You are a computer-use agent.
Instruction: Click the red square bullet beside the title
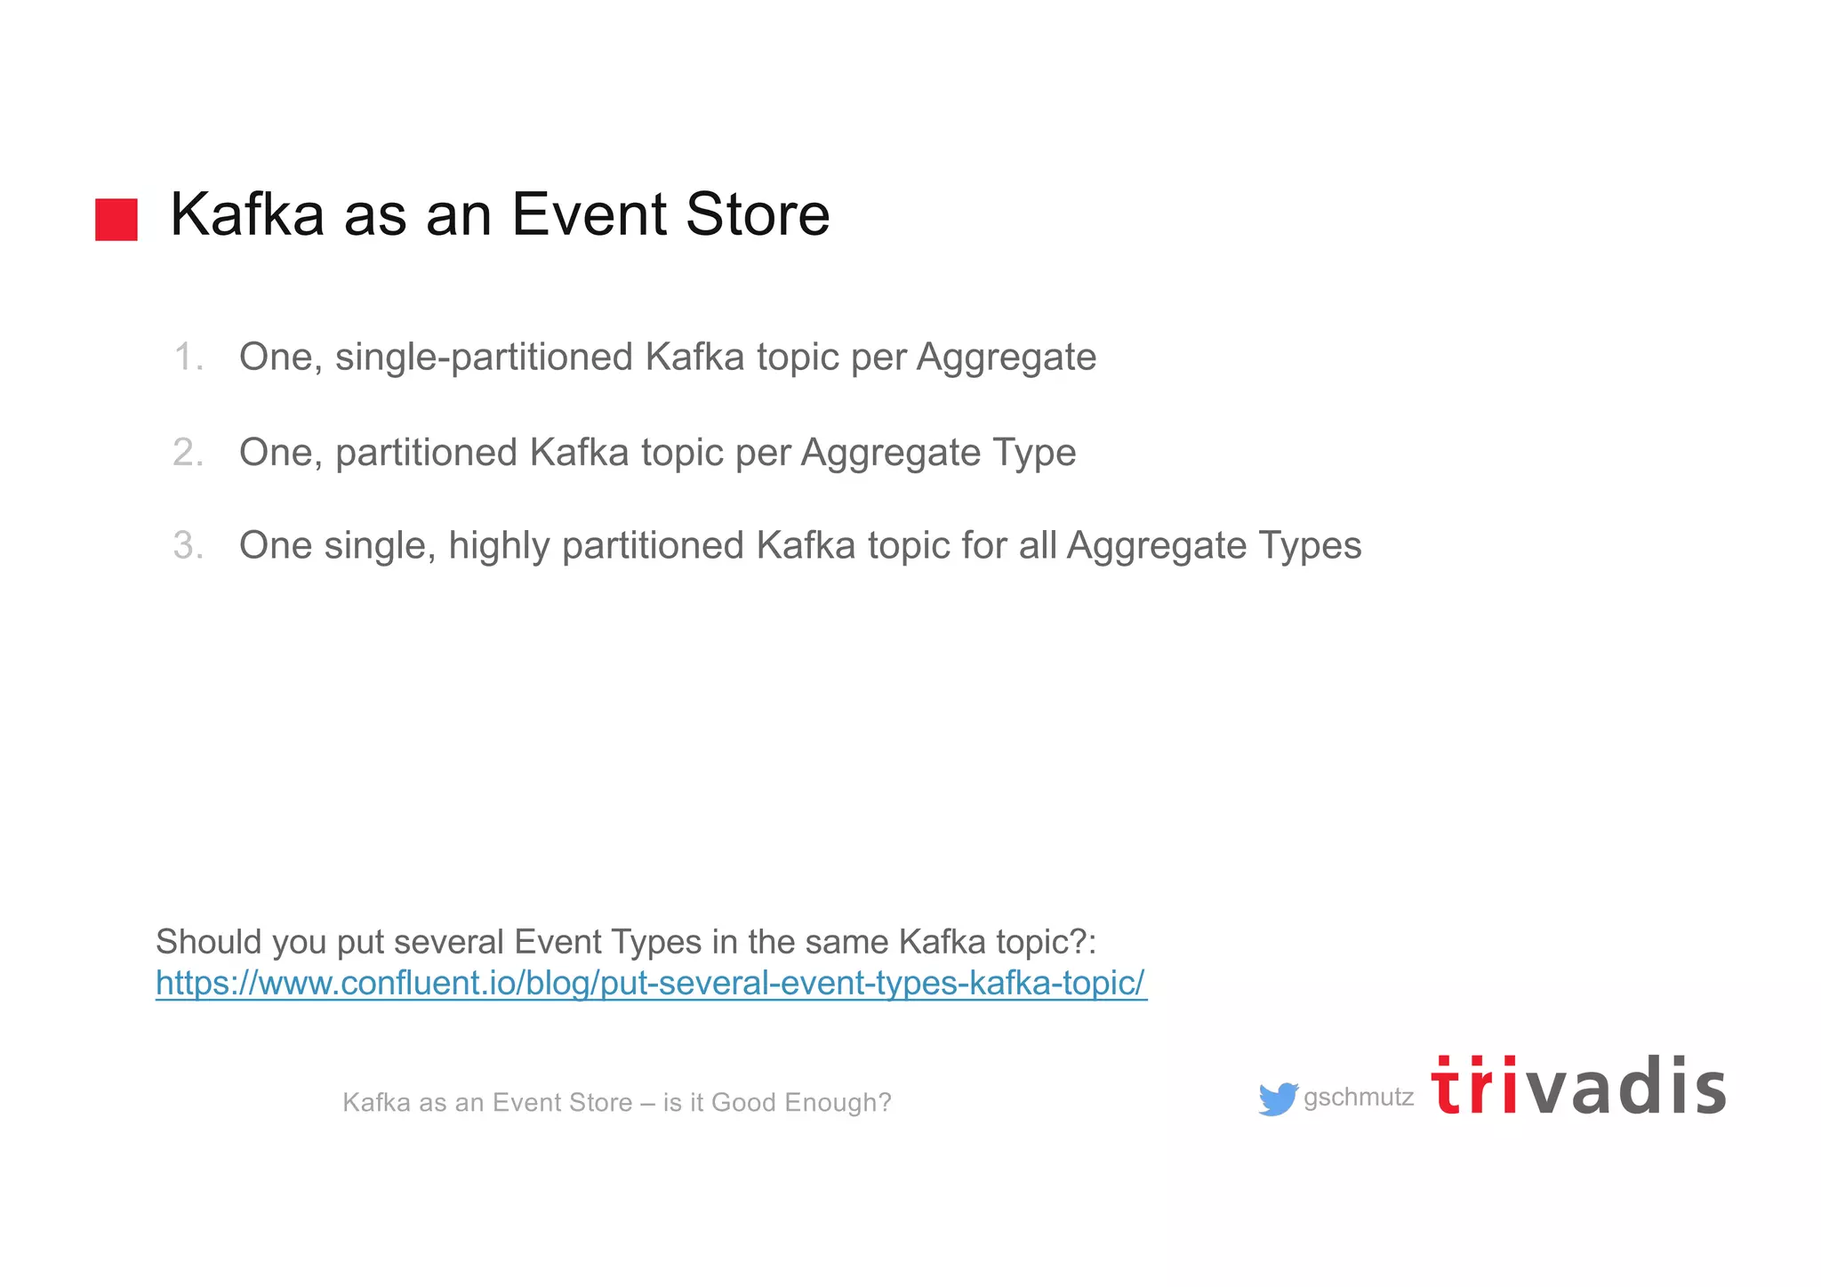point(116,219)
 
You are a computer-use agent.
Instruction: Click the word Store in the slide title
point(758,214)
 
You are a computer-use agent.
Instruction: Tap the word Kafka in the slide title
point(247,214)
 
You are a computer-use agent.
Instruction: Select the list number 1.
point(189,357)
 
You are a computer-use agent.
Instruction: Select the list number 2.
point(189,453)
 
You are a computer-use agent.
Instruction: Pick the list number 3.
point(189,545)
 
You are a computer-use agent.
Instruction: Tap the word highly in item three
point(499,546)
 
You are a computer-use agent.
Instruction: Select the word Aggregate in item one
point(1006,358)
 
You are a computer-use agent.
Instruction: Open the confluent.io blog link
point(651,983)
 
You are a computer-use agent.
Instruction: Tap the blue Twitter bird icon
point(1278,1099)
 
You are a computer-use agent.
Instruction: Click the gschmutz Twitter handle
point(1358,1098)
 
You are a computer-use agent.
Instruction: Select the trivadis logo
point(1578,1086)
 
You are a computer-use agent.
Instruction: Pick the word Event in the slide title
point(590,214)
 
